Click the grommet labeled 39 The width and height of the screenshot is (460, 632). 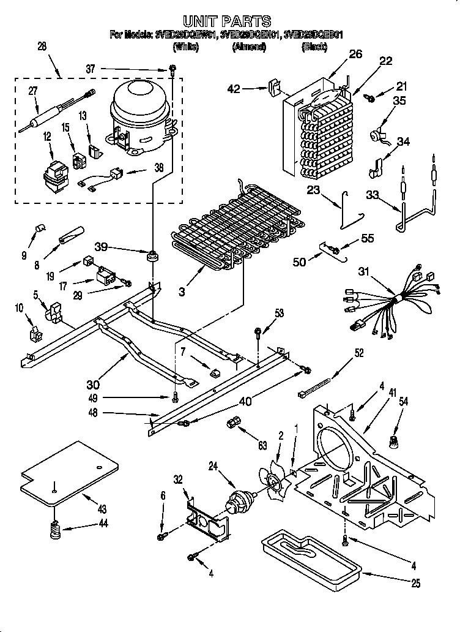click(x=150, y=255)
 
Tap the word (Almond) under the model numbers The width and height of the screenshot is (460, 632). click(x=249, y=47)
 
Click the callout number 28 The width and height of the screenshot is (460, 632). click(x=42, y=46)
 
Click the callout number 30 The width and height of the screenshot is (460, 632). click(x=93, y=385)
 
